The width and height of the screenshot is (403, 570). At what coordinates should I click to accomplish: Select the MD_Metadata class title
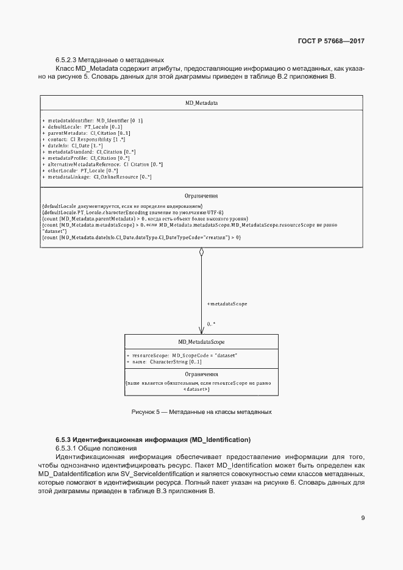point(201,103)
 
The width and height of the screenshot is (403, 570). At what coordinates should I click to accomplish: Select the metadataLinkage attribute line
point(97,177)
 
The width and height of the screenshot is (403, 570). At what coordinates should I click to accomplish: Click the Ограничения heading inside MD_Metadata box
point(201,196)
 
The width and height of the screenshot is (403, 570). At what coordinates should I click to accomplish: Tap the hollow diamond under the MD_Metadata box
point(201,252)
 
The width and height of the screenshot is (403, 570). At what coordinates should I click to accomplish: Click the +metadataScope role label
point(227,303)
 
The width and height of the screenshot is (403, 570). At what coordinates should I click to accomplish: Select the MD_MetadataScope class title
point(201,342)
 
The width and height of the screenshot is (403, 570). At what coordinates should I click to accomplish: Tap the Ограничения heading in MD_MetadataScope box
point(201,374)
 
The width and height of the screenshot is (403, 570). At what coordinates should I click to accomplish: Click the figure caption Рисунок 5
point(201,412)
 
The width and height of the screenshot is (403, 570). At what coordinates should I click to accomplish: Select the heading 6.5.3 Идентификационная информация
point(153,440)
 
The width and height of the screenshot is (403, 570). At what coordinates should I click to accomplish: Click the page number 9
point(363,518)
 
